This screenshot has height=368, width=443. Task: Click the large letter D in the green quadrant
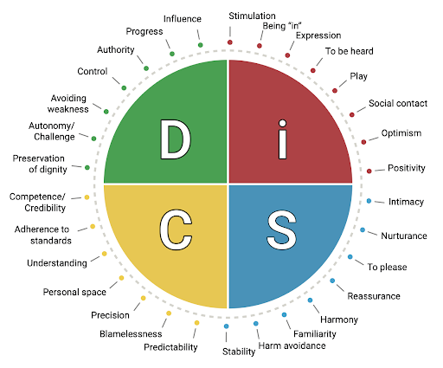pyautogui.click(x=176, y=139)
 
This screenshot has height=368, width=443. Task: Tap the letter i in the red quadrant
pyautogui.click(x=283, y=139)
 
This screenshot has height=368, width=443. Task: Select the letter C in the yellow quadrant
pyautogui.click(x=176, y=229)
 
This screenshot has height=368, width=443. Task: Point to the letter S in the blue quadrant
pyautogui.click(x=281, y=230)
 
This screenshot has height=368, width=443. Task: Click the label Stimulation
pyautogui.click(x=252, y=16)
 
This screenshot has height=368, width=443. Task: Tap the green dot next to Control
pyautogui.click(x=124, y=87)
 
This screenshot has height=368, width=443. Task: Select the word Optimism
pyautogui.click(x=401, y=133)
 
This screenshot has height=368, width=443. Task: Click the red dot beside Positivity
pyautogui.click(x=369, y=171)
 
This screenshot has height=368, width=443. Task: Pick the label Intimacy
pyautogui.click(x=406, y=202)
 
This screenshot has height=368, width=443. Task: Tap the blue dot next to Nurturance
pyautogui.click(x=363, y=229)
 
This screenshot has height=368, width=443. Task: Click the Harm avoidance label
pyautogui.click(x=292, y=345)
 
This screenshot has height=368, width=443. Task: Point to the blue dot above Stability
pyautogui.click(x=227, y=326)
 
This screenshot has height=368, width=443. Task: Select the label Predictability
pyautogui.click(x=170, y=347)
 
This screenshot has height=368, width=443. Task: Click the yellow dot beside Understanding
pyautogui.click(x=105, y=254)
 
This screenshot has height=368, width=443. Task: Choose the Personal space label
pyautogui.click(x=74, y=292)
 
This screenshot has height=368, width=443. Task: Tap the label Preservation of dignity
pyautogui.click(x=39, y=164)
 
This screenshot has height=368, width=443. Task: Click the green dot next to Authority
pyautogui.click(x=146, y=68)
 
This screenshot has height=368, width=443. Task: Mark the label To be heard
pyautogui.click(x=350, y=51)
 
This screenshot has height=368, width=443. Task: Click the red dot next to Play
pyautogui.click(x=335, y=91)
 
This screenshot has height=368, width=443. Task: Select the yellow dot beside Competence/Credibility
pyautogui.click(x=87, y=197)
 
